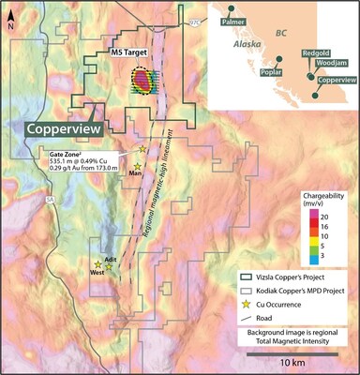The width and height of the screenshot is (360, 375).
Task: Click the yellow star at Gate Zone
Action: click(x=142, y=149)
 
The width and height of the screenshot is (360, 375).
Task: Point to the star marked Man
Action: click(x=137, y=166)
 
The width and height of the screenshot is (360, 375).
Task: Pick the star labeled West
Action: click(x=97, y=265)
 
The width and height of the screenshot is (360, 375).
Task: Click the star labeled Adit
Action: click(x=109, y=267)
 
